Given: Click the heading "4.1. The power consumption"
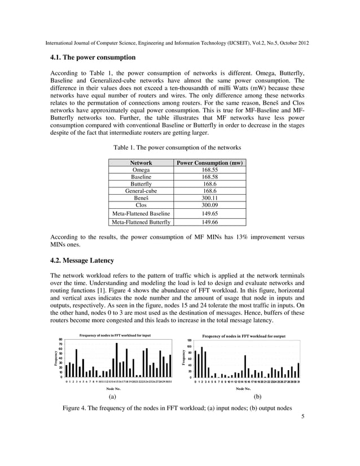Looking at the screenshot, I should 93,58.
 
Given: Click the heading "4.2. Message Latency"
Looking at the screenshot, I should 82,260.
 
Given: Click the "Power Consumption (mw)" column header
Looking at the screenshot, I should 210,162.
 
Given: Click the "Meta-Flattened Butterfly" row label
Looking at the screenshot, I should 141,222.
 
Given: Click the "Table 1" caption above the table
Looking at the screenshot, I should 177,147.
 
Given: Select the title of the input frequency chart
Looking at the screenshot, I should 115,336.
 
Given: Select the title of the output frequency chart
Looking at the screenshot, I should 244,336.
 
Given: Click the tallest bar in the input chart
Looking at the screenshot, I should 117,361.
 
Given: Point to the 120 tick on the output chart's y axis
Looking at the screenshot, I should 190,340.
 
